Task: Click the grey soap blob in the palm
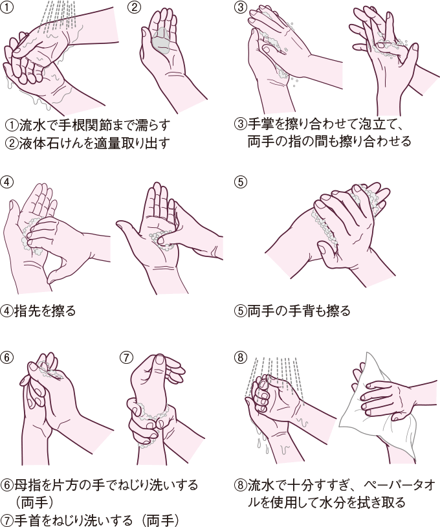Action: pyautogui.click(x=162, y=41)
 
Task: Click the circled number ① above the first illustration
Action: pyautogui.click(x=6, y=7)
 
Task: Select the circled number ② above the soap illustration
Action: pyautogui.click(x=134, y=7)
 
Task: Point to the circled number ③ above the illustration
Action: pyautogui.click(x=240, y=7)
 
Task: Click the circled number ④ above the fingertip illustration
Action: pyautogui.click(x=6, y=182)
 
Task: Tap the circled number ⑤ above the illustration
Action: pyautogui.click(x=240, y=182)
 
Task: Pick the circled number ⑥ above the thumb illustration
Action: pyautogui.click(x=6, y=357)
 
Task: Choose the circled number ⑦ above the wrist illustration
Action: pyautogui.click(x=127, y=357)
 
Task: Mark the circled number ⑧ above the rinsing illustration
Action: pyautogui.click(x=240, y=357)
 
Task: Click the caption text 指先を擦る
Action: pyautogui.click(x=45, y=311)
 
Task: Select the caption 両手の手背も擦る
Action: pyautogui.click(x=299, y=311)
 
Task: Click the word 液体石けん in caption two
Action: pyautogui.click(x=54, y=143)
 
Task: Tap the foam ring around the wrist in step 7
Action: pyautogui.click(x=153, y=415)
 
